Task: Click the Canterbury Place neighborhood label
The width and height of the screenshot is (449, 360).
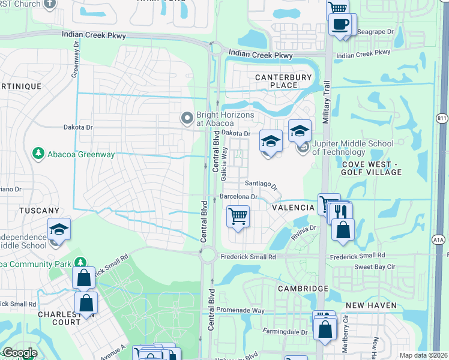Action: pos(284,81)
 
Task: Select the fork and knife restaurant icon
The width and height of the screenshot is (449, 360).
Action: pos(342,212)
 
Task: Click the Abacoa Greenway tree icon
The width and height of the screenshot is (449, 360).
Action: pos(39,154)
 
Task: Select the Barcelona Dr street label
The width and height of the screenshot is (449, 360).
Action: pos(238,196)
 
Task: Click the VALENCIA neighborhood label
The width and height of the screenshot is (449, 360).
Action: pos(293,208)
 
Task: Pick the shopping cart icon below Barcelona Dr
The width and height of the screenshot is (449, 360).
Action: pos(238,216)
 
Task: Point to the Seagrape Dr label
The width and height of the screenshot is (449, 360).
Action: pos(375,31)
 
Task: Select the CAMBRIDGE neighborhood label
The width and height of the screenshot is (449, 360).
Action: pos(303,289)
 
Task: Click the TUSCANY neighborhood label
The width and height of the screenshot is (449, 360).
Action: pos(39,211)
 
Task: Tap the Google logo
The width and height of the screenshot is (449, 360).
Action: pos(19,353)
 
